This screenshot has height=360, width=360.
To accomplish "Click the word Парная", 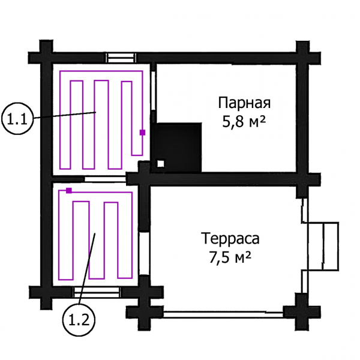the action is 244,103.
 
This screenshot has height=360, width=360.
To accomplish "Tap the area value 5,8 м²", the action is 244,121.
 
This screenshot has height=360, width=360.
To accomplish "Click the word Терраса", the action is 230,238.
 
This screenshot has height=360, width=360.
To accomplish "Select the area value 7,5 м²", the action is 230,257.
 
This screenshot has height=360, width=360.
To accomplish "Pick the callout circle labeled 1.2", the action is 79,320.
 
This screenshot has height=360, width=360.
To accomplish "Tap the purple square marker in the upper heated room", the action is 143,133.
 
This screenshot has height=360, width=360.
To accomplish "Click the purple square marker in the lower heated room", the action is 69,191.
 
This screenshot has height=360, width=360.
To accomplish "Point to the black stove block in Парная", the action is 176,147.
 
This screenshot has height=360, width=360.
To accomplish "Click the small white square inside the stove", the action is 161,164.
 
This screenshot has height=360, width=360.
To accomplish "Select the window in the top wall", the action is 121,58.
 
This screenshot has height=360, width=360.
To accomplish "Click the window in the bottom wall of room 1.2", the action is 97,292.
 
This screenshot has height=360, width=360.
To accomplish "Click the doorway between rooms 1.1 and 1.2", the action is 106,179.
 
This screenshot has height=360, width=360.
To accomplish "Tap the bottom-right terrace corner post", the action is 302,312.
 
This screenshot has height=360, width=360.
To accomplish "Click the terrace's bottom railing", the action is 223,314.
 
